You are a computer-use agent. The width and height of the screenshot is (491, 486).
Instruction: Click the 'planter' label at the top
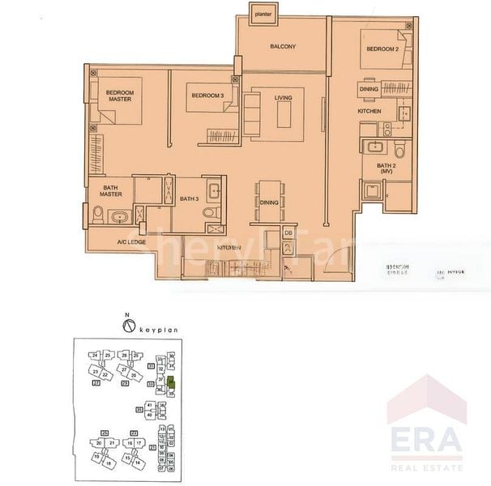click(x=261, y=14)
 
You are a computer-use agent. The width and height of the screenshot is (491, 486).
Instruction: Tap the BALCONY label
click(x=283, y=47)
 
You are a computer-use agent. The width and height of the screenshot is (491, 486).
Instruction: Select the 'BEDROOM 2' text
click(x=382, y=49)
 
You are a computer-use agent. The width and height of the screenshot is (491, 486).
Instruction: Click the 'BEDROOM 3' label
click(x=207, y=96)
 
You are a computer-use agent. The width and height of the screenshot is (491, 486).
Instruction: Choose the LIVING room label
click(x=283, y=98)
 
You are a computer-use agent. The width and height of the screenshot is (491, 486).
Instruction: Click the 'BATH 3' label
click(x=190, y=199)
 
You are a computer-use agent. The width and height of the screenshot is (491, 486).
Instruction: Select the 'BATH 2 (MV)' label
click(x=385, y=168)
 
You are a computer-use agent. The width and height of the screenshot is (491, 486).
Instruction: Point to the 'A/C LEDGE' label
click(x=131, y=241)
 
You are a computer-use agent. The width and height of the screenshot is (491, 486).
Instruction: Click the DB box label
click(x=288, y=233)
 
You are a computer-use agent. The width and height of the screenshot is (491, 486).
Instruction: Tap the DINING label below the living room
click(x=269, y=203)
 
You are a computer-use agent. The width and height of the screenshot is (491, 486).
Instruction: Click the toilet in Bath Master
click(x=98, y=215)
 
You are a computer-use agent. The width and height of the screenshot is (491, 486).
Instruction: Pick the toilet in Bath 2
click(x=399, y=151)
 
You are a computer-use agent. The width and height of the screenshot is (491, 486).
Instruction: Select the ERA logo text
click(x=425, y=441)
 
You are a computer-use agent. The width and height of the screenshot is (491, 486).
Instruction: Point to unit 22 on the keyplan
click(x=105, y=375)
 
